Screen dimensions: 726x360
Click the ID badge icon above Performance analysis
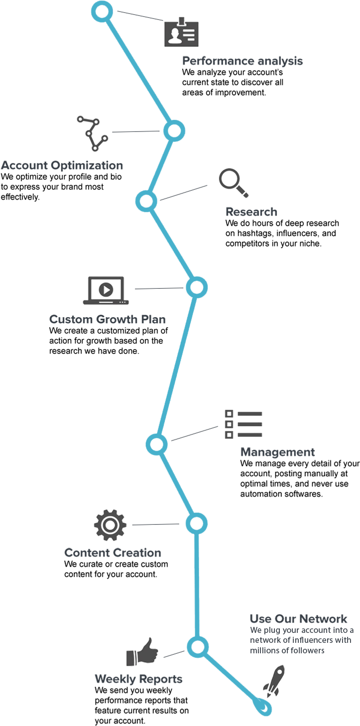tap(181, 33)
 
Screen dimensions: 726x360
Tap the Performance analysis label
tap(242, 61)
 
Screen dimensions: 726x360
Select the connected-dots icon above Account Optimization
tap(92, 133)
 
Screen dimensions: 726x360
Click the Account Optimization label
tap(62, 165)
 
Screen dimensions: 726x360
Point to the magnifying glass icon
tap(233, 183)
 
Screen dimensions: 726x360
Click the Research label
tap(251, 212)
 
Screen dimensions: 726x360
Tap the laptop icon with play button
tap(106, 290)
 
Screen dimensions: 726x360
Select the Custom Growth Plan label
tap(108, 319)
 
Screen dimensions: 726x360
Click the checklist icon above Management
tap(243, 425)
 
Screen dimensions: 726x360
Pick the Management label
tap(277, 452)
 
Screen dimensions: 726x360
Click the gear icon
tap(110, 524)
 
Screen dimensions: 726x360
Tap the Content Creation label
tap(113, 553)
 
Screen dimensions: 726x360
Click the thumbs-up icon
tap(139, 652)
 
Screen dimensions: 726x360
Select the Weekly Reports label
tap(138, 679)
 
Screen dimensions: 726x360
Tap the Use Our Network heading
tap(298, 619)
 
